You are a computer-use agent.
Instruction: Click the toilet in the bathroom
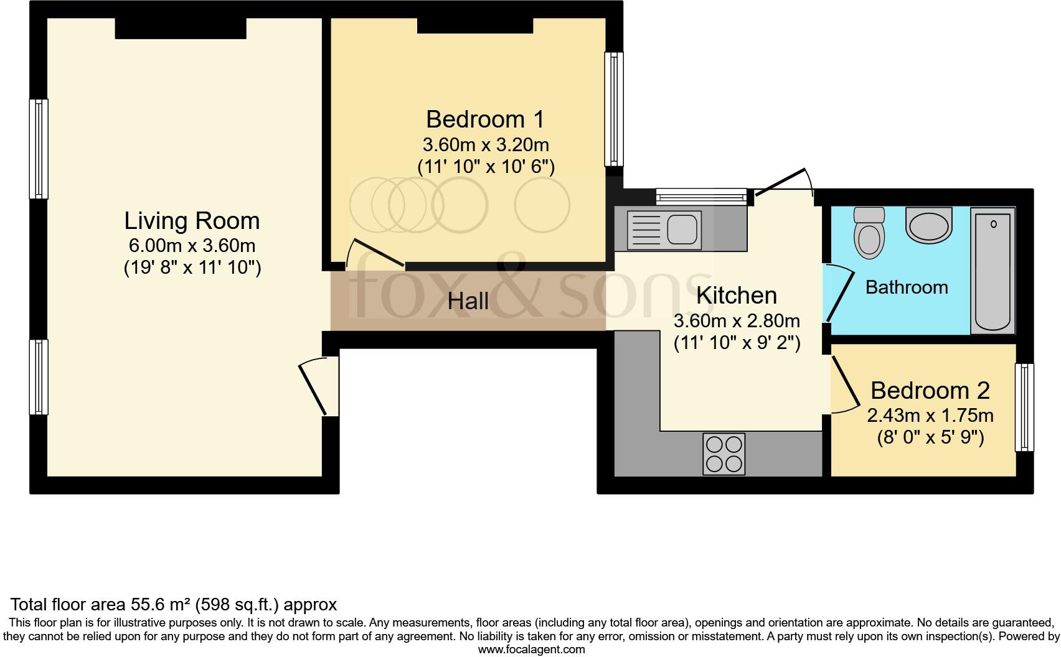[x=869, y=233]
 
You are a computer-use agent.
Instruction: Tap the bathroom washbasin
[x=929, y=225]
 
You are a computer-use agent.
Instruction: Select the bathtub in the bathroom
[x=993, y=271]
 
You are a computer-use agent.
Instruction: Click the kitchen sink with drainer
[x=664, y=230]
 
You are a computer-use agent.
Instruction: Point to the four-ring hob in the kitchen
[x=724, y=454]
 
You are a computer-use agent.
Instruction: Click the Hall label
[x=468, y=301]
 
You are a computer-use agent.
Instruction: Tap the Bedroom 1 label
[x=485, y=119]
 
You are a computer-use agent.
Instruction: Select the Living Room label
[x=192, y=221]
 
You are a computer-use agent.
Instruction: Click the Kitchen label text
[x=737, y=296]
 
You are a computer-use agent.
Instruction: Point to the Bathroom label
[x=907, y=287]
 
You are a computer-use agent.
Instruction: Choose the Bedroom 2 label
[x=930, y=391]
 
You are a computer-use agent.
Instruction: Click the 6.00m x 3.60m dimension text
[x=192, y=246]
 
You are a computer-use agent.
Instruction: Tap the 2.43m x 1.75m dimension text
[x=930, y=416]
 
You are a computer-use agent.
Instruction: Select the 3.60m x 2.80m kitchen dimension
[x=737, y=321]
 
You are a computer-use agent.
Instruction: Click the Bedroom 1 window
[x=614, y=109]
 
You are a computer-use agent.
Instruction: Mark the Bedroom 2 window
[x=1024, y=407]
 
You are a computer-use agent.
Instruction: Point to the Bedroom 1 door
[x=375, y=254]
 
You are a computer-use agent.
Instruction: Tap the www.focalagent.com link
[x=532, y=650]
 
